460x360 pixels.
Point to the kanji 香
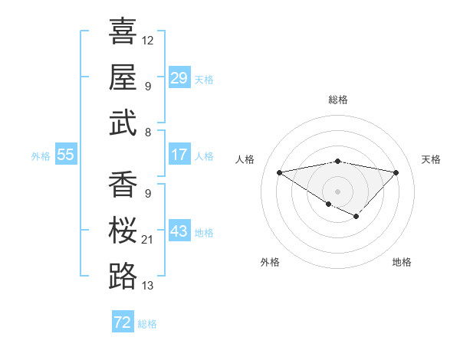click(123, 184)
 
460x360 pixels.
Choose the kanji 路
click(123, 276)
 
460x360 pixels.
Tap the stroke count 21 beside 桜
click(148, 240)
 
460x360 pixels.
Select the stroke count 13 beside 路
click(148, 286)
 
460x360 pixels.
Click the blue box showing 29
click(179, 78)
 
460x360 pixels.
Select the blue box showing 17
click(179, 155)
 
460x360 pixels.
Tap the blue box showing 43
click(179, 231)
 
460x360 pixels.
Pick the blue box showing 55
click(65, 155)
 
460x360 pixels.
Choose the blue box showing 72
click(123, 322)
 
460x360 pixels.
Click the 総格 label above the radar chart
click(337, 100)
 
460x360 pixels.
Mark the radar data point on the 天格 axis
click(396, 172)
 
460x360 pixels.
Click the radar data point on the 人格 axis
click(279, 172)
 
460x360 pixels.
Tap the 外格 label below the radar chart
click(270, 262)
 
